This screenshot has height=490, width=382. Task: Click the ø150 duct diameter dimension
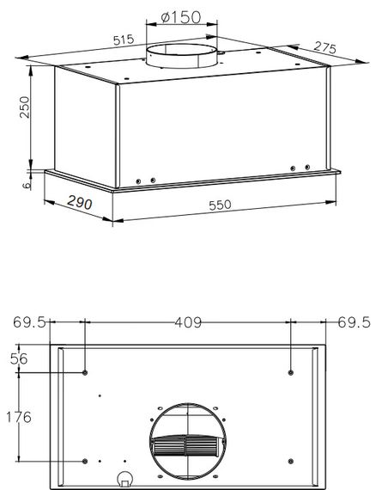(181, 17)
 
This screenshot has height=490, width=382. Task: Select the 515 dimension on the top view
(124, 40)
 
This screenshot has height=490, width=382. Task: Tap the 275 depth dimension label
(325, 47)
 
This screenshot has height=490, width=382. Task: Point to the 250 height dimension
(25, 107)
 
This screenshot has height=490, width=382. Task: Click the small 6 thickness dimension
(27, 185)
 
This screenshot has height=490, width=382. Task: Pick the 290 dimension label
(80, 203)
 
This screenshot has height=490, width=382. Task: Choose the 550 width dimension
(220, 205)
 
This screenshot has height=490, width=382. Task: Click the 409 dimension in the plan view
(188, 322)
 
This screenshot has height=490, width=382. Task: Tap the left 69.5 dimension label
(30, 322)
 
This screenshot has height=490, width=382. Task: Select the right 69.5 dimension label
(355, 322)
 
